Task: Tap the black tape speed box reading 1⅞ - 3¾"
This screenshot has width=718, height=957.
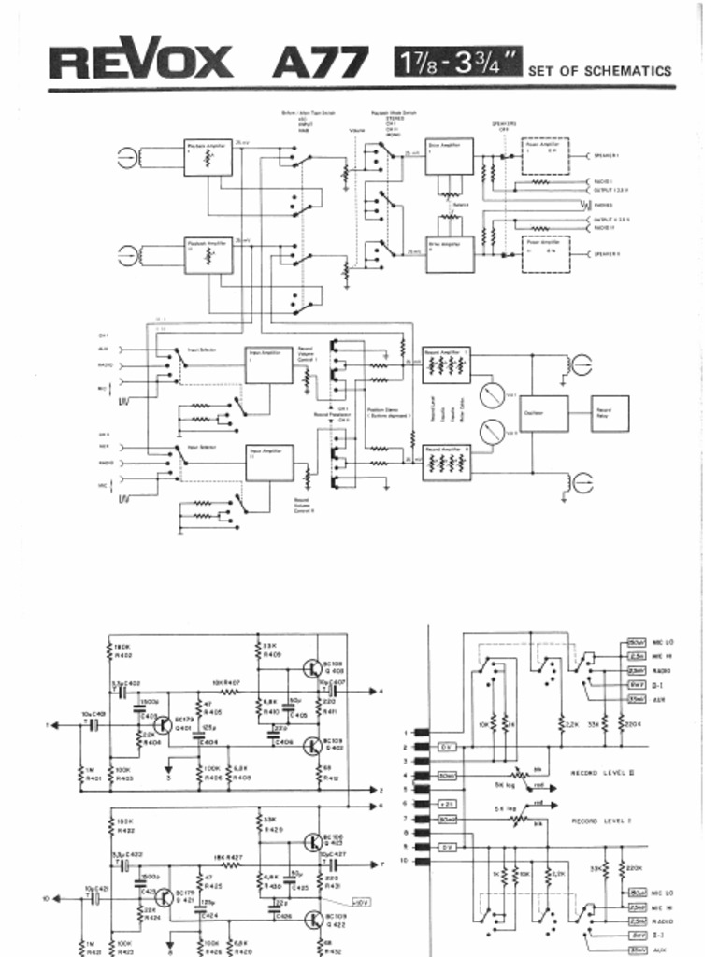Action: [458, 63]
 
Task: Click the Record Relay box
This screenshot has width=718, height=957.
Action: [609, 410]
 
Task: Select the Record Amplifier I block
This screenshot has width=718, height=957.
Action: [448, 364]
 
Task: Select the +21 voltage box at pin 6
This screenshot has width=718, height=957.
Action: [447, 804]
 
